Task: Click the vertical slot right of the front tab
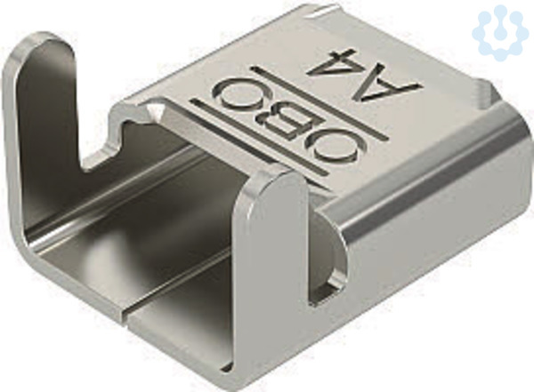tap(327, 252)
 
